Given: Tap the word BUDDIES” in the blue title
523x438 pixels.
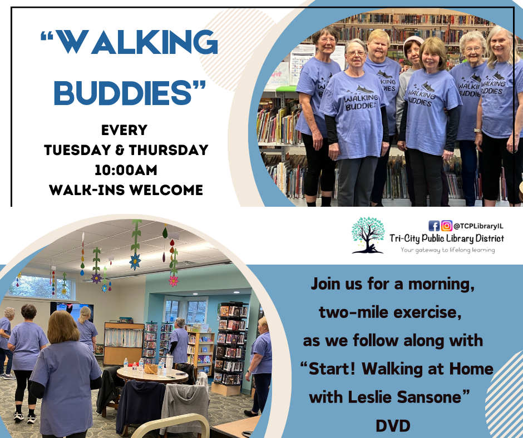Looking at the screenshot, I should (130, 92).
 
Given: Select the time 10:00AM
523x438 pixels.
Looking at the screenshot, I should (125, 170).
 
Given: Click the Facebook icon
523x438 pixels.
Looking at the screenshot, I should (434, 226).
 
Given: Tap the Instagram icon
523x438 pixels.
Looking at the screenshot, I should (446, 226).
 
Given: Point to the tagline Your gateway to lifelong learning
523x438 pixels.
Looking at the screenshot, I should (448, 250).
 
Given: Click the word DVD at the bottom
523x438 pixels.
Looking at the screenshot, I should (393, 426).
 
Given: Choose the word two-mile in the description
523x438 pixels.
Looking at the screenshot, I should (348, 312).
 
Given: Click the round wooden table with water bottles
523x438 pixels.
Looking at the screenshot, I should (152, 373).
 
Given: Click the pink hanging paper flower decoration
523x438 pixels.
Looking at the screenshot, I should (174, 280).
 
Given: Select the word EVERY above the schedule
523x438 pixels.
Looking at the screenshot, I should (125, 131).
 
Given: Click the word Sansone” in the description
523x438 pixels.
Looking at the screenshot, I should (441, 397).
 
